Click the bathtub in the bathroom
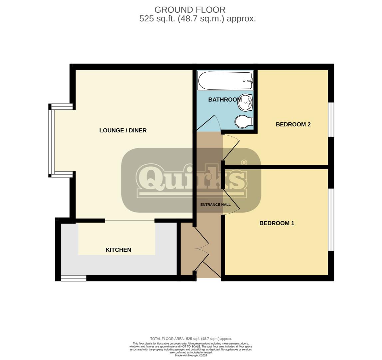(225, 81)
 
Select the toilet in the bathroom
(243, 122)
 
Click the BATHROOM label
(225, 100)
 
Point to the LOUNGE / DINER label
(123, 130)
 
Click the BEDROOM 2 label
(293, 124)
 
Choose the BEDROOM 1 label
(277, 223)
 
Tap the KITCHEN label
(118, 250)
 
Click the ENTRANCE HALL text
(215, 205)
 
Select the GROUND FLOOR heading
(190, 10)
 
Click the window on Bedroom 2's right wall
(331, 119)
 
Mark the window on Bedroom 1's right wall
(331, 219)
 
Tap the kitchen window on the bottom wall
(74, 278)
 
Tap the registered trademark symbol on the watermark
(244, 162)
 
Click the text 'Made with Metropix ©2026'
(191, 355)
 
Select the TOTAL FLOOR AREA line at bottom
(191, 339)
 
